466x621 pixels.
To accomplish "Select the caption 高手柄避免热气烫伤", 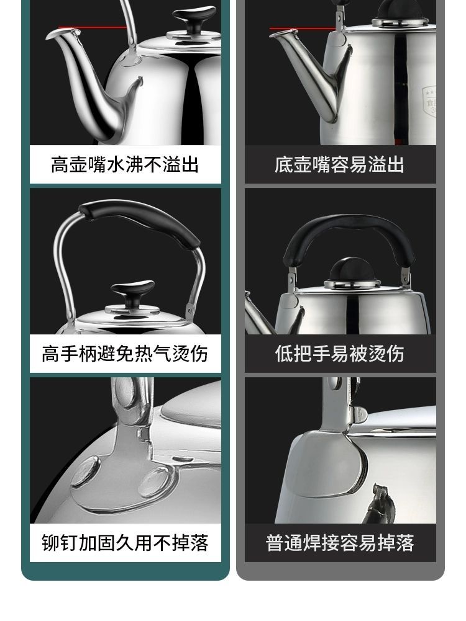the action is coord(125,354).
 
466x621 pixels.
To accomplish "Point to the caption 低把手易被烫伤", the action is coord(339,354).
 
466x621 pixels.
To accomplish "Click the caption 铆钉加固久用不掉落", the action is coord(125,543).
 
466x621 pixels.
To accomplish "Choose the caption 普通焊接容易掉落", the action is coord(340,543).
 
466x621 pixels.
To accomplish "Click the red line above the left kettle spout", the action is coord(93,28).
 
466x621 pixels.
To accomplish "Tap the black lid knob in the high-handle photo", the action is coord(132,292).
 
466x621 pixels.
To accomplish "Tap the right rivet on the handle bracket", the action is coord(156,482).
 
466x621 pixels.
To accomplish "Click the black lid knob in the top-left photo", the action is coord(194,19).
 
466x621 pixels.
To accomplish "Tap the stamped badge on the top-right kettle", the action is coord(429,101).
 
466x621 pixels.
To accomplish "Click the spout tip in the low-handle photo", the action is coord(248,295).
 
